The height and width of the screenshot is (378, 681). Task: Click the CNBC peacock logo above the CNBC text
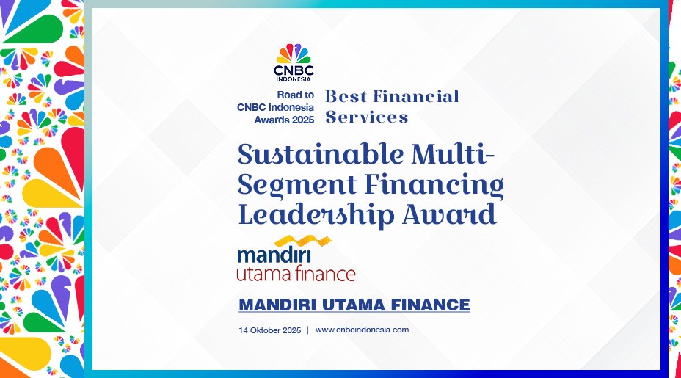click(x=294, y=54)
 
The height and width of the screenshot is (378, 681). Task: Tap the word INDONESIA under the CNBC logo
click(x=294, y=79)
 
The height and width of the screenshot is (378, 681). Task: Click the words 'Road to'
click(x=295, y=95)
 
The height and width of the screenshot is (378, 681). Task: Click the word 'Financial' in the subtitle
click(x=416, y=96)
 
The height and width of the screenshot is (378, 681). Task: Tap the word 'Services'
click(x=367, y=117)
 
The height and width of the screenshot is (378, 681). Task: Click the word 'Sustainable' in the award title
click(x=321, y=154)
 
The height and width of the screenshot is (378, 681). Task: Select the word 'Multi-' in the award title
click(x=453, y=154)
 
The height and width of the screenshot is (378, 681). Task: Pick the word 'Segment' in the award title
click(x=297, y=185)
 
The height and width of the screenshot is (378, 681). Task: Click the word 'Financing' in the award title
click(x=434, y=185)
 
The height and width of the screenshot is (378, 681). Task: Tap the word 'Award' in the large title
click(x=449, y=214)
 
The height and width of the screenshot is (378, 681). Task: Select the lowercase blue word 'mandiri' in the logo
click(x=274, y=255)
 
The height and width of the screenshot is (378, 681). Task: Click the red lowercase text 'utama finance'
click(x=296, y=274)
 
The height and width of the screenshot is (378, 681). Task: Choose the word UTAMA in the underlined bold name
click(x=354, y=305)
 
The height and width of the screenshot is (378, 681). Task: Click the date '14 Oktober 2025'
click(x=270, y=330)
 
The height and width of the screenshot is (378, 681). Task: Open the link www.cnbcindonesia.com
click(x=362, y=330)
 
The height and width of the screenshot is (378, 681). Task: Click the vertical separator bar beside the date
click(x=308, y=330)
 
